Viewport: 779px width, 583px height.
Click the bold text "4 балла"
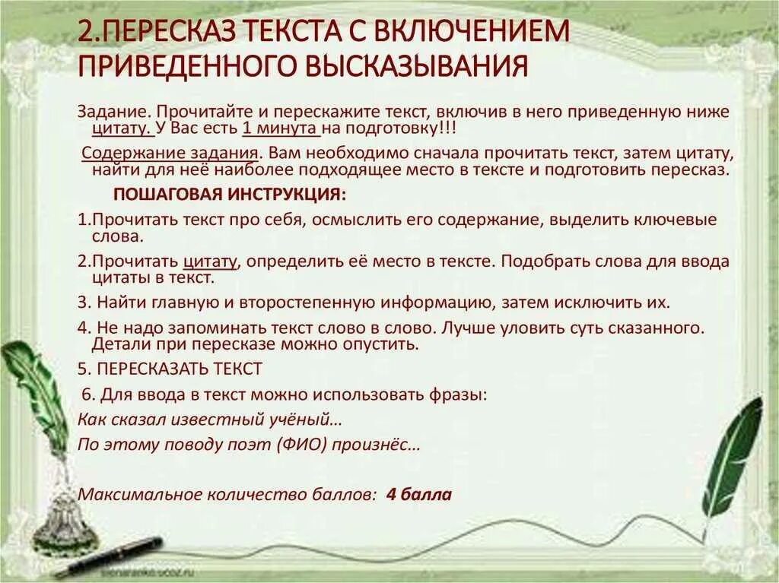pos(418,495)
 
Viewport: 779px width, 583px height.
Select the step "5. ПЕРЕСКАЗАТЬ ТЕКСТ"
pos(170,369)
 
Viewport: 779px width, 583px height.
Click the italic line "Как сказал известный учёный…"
pos(209,419)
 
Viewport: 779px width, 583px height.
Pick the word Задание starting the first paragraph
pos(107,111)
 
